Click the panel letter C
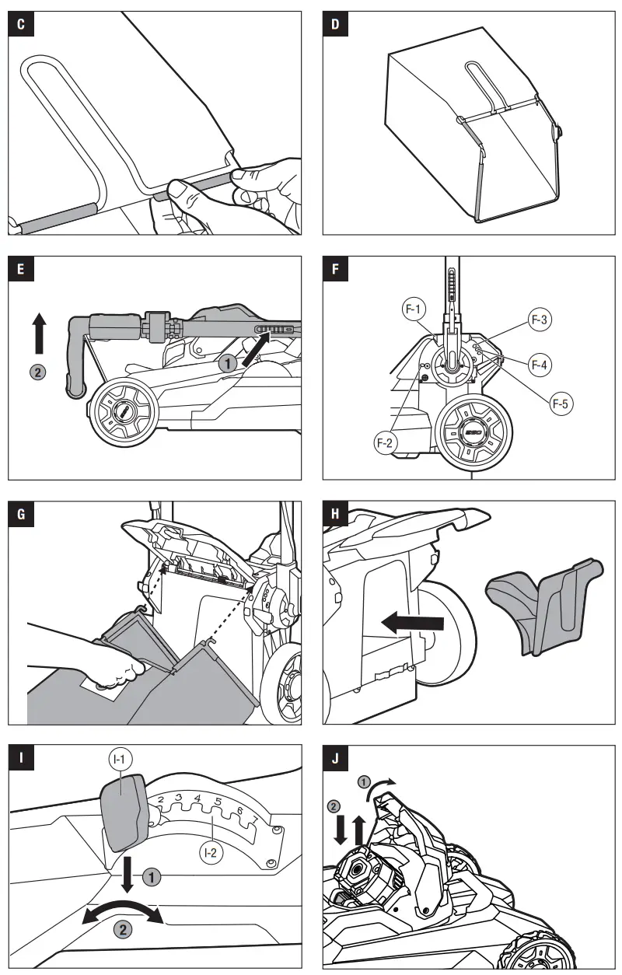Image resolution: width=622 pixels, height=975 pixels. (20, 24)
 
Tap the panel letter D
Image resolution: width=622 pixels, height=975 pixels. (335, 24)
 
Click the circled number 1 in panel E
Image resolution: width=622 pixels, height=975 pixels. (228, 362)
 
